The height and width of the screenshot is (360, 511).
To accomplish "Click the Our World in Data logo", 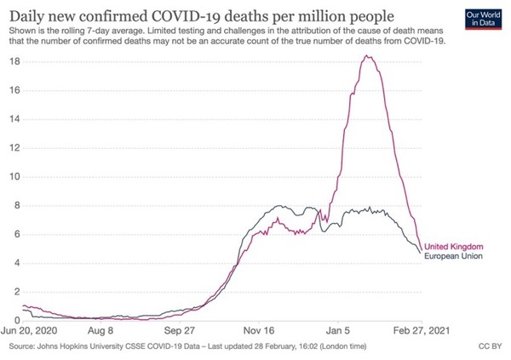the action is (483, 20).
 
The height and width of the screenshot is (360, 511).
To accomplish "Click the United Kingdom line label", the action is (454, 247).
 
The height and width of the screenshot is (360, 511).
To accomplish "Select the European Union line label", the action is (453, 256).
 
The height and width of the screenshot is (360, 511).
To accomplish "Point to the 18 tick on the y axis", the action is (15, 61).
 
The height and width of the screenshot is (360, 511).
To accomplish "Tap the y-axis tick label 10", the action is (15, 177).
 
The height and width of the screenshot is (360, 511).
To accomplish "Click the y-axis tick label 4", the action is (17, 263).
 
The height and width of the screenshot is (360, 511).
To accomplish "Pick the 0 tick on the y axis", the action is (17, 321).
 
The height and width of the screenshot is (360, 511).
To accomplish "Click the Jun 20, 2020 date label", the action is (29, 331).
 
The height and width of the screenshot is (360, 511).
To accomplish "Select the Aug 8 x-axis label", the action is (100, 331).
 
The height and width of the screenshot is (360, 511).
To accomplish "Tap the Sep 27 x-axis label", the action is (179, 331).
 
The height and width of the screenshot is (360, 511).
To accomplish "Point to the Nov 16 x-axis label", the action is (259, 331).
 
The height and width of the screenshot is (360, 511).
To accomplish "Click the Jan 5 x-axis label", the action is (338, 331).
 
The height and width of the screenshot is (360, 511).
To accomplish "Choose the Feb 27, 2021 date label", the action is (422, 331).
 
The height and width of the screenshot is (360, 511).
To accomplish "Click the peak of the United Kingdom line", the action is (366, 55).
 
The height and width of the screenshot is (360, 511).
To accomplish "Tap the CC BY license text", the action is (490, 346).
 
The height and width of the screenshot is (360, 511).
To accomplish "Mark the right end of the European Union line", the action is (420, 253).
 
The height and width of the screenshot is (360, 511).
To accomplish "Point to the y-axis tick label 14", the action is (15, 119).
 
